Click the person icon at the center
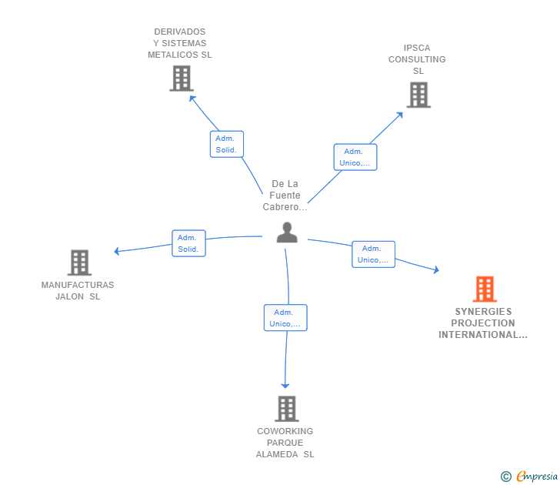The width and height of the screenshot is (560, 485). [x=287, y=232]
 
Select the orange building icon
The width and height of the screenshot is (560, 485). [x=485, y=289]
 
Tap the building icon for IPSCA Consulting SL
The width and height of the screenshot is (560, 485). [x=418, y=95]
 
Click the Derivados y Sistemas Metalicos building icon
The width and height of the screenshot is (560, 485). [x=182, y=79]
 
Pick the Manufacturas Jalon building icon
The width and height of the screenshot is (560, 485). [x=79, y=263]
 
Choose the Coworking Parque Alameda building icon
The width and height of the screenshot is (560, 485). [x=287, y=409]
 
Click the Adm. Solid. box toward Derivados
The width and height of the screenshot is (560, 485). [x=227, y=144]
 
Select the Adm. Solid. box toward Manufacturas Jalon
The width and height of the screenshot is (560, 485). [x=188, y=243]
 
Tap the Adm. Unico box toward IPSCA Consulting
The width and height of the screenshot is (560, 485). [x=355, y=157]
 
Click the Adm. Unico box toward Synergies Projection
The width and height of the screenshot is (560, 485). [x=373, y=254]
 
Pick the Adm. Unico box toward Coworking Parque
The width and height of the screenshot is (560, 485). [x=285, y=318]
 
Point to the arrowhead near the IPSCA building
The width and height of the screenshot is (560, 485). [x=400, y=115]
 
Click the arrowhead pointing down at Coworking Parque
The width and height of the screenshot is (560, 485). [x=285, y=386]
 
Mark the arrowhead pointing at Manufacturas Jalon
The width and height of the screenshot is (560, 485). [x=116, y=251]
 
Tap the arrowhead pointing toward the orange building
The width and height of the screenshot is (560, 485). [x=436, y=270]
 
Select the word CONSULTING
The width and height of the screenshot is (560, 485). [x=417, y=59]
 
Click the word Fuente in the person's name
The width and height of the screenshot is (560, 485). [x=285, y=195]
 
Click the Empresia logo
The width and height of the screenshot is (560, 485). [x=529, y=476]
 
